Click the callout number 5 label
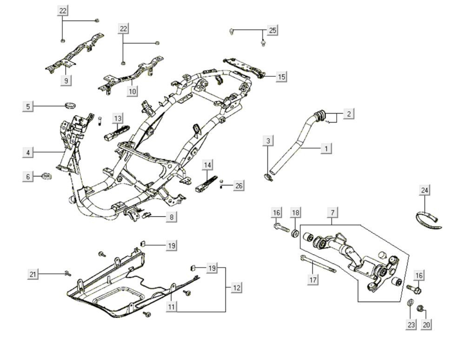28,107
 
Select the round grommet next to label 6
46,176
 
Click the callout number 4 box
28,152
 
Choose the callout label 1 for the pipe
326,148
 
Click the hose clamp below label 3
268,176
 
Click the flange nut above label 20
420,307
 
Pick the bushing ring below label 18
295,232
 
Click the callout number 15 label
281,76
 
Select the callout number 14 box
207,165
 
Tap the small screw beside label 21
68,273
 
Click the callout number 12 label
236,288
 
